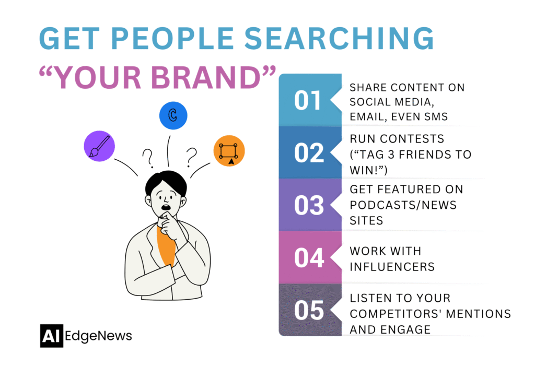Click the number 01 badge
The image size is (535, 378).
click(309, 100)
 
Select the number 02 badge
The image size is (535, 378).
click(309, 152)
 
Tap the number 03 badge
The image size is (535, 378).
click(309, 205)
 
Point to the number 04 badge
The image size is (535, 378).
click(309, 257)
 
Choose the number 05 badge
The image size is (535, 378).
click(309, 310)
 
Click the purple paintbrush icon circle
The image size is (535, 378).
click(99, 146)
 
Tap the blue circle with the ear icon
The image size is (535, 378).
click(173, 116)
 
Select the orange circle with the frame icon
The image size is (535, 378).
click(229, 151)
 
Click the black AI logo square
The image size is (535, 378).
click(51, 336)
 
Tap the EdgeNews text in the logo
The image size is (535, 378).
click(99, 336)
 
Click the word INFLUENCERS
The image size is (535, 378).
click(392, 266)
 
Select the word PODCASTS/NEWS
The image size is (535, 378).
click(403, 205)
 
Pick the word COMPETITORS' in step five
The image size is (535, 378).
click(402, 314)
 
